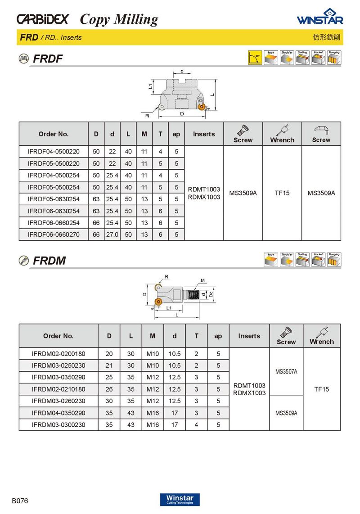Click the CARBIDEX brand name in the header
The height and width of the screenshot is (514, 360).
(x=42, y=19)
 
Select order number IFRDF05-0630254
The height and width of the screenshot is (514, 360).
(x=54, y=199)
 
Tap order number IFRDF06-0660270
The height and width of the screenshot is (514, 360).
(x=54, y=234)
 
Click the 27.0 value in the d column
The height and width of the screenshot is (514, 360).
(x=112, y=234)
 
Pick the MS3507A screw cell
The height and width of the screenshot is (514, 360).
(x=286, y=371)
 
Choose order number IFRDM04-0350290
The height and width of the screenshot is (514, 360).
(x=58, y=413)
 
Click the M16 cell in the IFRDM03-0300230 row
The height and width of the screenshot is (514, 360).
(x=153, y=424)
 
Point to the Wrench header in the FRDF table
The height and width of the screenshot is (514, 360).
(x=282, y=134)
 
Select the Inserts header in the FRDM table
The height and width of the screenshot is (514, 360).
(x=249, y=336)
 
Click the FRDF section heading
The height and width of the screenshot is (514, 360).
(x=48, y=59)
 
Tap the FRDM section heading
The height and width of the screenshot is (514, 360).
(x=49, y=261)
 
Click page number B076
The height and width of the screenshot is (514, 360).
(x=20, y=500)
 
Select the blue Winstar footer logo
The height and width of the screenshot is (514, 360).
(x=180, y=500)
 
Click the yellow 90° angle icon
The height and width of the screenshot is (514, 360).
(x=255, y=58)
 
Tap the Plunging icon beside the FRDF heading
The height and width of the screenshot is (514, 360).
(x=334, y=58)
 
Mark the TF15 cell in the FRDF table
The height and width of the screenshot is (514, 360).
(x=282, y=193)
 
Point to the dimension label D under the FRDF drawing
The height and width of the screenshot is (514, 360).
(x=182, y=114)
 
